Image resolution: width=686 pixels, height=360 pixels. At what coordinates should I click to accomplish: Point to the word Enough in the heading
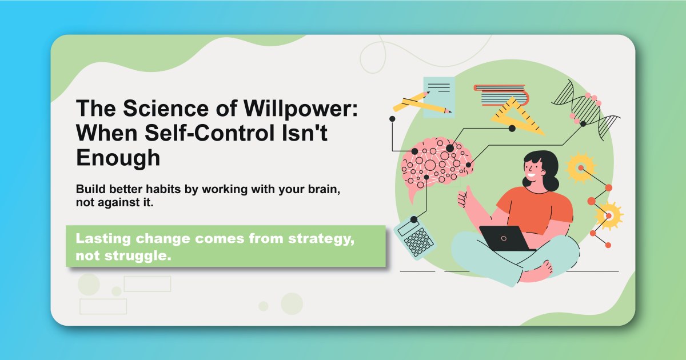point(118,158)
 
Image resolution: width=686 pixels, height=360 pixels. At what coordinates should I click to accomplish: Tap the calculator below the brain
point(412,235)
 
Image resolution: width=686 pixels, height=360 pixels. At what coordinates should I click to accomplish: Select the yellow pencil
point(421,103)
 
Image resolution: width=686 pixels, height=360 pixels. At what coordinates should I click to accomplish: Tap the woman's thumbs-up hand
point(464,197)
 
